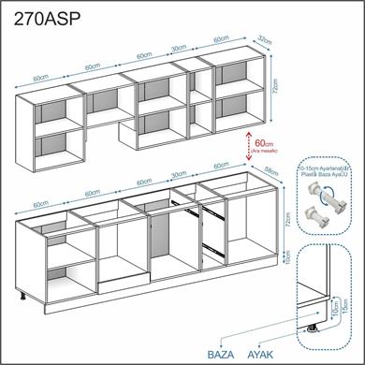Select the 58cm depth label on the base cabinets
pyautogui.click(x=269, y=171)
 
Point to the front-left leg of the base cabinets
pyautogui.click(x=22, y=299)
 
